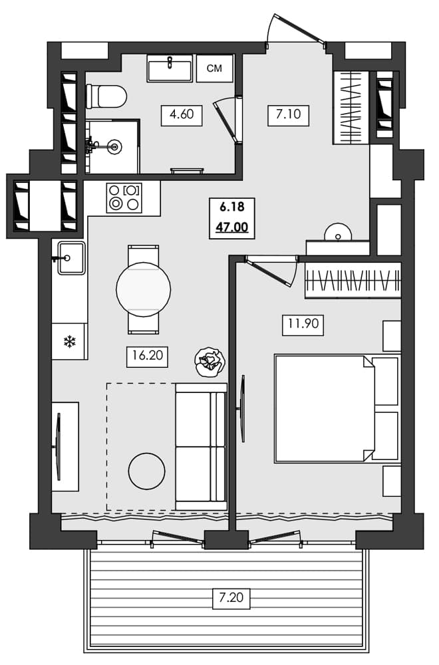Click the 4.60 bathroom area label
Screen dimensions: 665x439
click(182, 114)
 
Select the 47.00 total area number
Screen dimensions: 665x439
click(231, 227)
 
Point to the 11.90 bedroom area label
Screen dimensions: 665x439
click(301, 325)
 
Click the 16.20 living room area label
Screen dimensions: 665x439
click(147, 356)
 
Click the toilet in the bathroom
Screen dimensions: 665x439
click(106, 96)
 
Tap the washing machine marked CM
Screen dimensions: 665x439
click(214, 68)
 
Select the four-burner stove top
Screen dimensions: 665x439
click(124, 198)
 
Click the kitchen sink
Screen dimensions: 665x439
click(71, 258)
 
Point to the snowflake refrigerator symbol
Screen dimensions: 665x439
click(69, 342)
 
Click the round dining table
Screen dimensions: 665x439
click(143, 289)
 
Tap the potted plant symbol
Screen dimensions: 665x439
click(210, 362)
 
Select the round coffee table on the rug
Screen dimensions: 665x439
click(146, 471)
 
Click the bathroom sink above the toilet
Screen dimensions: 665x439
click(170, 68)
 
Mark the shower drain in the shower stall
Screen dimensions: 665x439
click(115, 146)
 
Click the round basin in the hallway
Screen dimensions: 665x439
click(338, 234)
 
